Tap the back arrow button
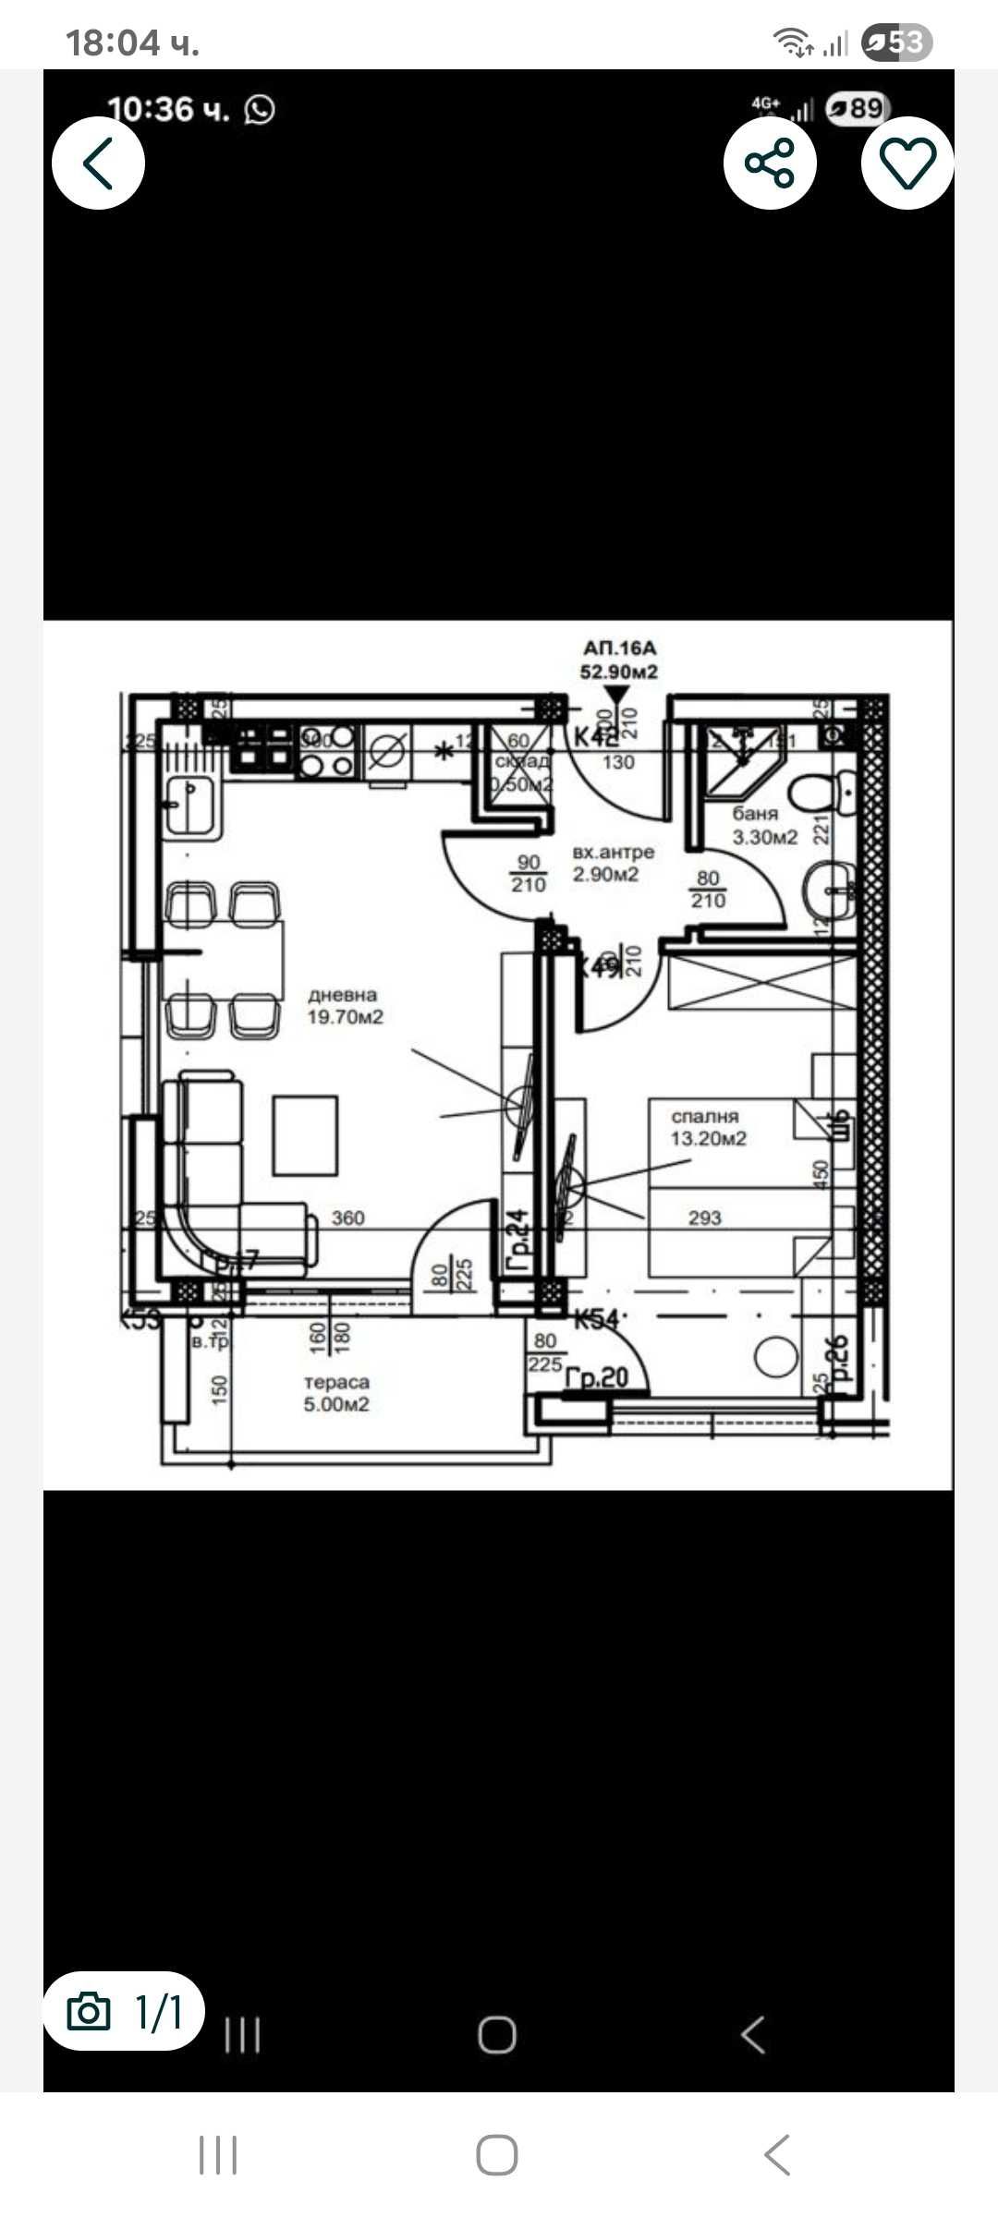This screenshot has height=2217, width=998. coord(98,164)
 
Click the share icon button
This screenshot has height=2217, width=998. coord(770,164)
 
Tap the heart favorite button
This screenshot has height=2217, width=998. coord(907,164)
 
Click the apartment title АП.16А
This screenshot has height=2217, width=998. coord(619,648)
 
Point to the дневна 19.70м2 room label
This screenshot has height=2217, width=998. coord(345,1006)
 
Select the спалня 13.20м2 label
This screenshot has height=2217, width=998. coord(708,1128)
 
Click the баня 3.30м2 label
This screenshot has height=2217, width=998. coord(763,826)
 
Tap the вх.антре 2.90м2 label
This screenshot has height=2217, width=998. coord(612,863)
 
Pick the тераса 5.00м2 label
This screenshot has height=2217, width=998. coord(336,1393)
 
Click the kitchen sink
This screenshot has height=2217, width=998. coord(190,806)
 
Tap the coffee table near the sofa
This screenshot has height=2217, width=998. coord(305,1135)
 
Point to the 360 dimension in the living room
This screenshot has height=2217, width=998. coord(347,1218)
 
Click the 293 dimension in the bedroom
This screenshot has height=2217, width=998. coord(704,1218)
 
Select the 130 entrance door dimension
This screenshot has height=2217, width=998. coord(618,762)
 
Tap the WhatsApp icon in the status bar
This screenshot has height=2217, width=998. coord(260,110)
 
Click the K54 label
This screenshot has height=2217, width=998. coord(596,1319)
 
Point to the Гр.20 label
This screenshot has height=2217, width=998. coord(597,1377)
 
